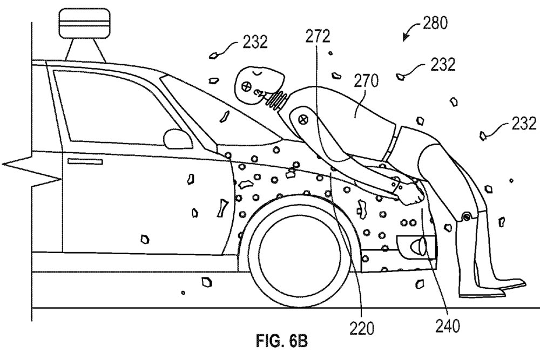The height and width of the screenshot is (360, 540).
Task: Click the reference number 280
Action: coord(435,23)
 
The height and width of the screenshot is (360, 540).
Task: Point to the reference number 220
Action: coord(362,328)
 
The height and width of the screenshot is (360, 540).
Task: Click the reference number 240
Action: coord(447,326)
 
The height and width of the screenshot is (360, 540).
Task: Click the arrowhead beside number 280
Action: coord(407,36)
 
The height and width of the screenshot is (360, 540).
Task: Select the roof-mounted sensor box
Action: coord(85,23)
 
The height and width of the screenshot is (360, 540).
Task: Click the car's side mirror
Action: coord(178,139)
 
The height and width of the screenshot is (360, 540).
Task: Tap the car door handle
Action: coord(85,161)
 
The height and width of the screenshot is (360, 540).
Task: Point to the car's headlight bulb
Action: coord(419,246)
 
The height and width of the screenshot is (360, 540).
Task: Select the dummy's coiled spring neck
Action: coord(276,101)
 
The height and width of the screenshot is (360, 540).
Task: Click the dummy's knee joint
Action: coord(467,216)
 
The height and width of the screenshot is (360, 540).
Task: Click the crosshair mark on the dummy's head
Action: coord(247,86)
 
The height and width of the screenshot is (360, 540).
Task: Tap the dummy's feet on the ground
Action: coord(492,288)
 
